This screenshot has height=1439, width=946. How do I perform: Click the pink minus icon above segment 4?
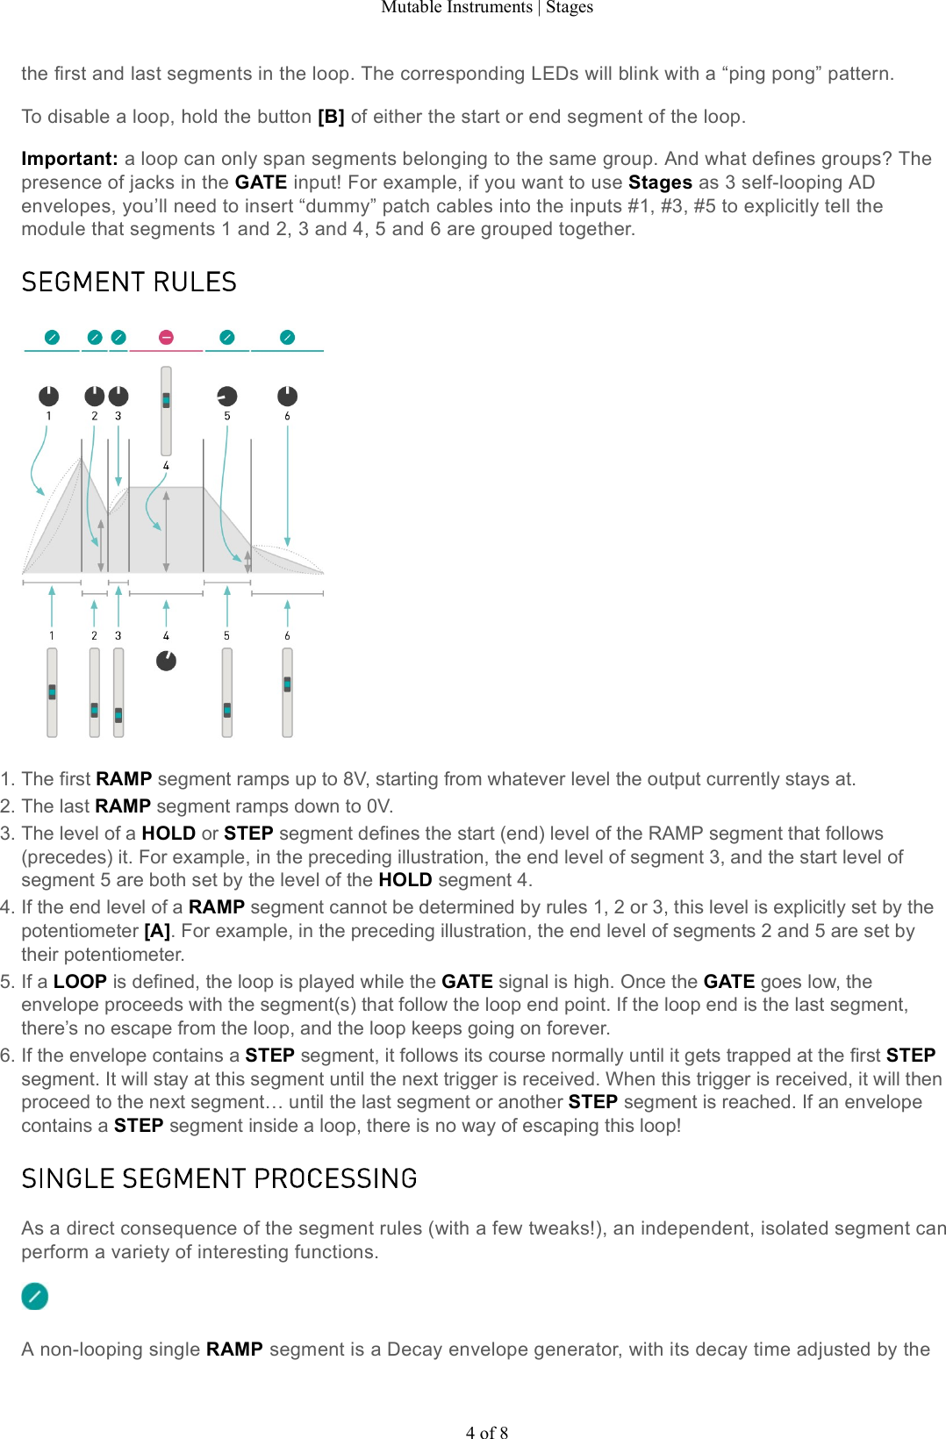coord(166,338)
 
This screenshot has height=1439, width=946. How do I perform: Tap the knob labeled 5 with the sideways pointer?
coord(227,397)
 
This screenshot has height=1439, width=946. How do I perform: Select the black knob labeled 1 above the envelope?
coord(49,397)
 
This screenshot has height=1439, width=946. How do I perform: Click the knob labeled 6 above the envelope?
coord(287,397)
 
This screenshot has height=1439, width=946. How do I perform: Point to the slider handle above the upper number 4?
coord(166,400)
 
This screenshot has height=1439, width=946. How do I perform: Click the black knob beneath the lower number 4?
coord(166,661)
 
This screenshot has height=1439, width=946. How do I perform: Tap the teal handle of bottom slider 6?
coord(287,684)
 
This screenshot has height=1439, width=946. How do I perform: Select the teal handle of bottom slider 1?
coord(52,691)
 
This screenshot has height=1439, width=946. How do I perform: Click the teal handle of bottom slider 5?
coord(227,709)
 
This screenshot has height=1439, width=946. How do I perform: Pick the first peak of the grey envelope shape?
coord(82,458)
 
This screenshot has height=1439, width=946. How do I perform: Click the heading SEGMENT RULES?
coord(129,283)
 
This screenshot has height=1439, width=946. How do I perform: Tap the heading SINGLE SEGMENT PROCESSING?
coord(219,1179)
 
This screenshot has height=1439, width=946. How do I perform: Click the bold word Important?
coord(69,159)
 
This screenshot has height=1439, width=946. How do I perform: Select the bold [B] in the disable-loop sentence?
coord(331,117)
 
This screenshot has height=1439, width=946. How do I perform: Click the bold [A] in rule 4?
coord(157,931)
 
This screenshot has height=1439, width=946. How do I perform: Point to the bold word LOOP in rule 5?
coord(80,982)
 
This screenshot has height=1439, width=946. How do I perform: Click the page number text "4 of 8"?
coord(487,1433)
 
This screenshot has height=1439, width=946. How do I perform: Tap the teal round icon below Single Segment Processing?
coord(35,1296)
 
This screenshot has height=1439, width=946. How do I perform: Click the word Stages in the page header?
coord(570,8)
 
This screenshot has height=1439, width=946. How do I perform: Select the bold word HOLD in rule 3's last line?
coord(405,880)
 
